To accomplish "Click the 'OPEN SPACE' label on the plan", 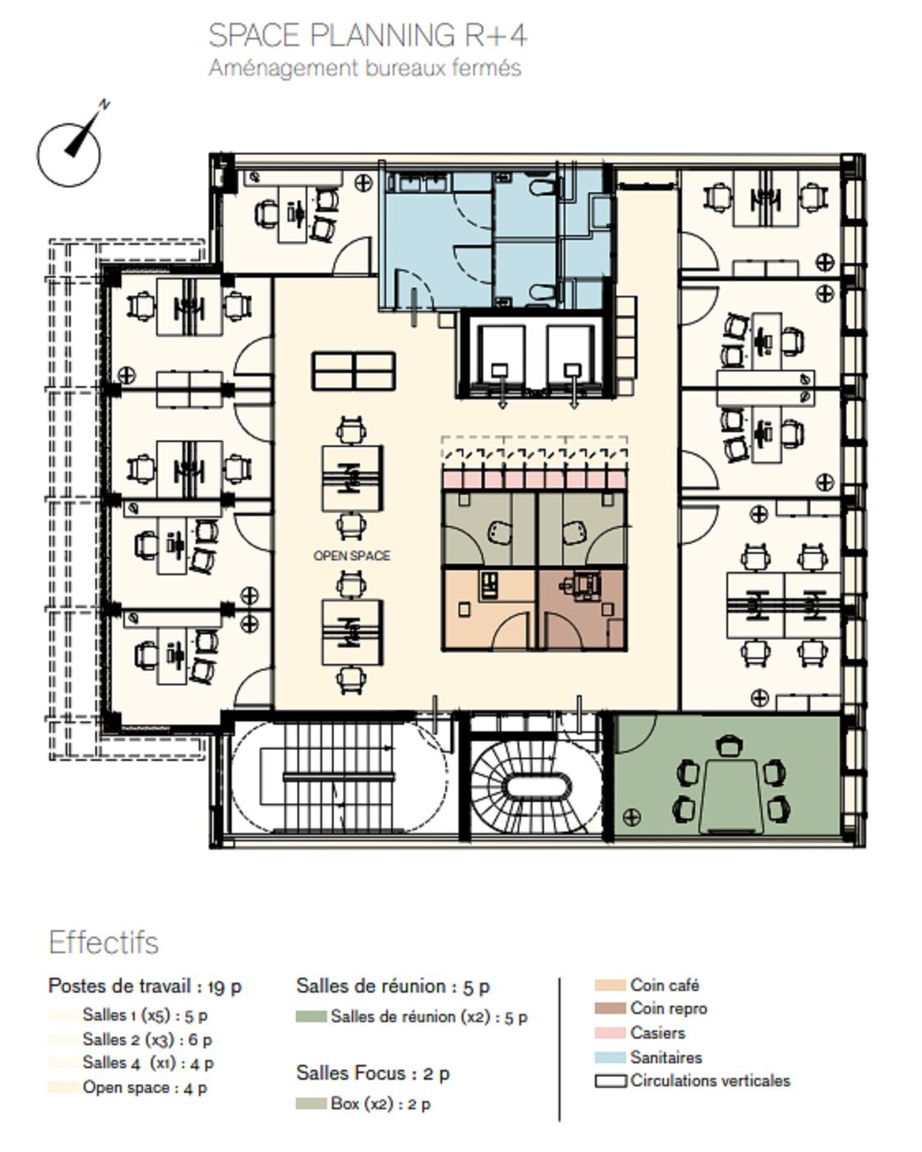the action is click(352, 555).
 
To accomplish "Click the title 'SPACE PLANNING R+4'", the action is click(368, 36).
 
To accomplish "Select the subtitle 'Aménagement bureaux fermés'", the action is click(365, 68).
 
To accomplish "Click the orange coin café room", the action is click(490, 609).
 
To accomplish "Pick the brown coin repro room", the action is click(582, 609).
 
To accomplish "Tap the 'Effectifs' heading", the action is click(104, 942).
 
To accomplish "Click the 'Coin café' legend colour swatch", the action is click(610, 985).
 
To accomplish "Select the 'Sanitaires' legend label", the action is click(666, 1058).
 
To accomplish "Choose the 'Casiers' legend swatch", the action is click(610, 1033).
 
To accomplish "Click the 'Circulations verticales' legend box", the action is click(611, 1081).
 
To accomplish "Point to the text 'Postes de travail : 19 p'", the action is click(145, 986).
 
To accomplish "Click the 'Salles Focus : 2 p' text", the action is click(373, 1073).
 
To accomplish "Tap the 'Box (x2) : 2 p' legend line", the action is click(380, 1104).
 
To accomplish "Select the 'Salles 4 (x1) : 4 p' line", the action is click(148, 1062).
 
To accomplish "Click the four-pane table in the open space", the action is click(354, 371).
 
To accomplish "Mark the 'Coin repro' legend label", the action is click(669, 1008).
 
